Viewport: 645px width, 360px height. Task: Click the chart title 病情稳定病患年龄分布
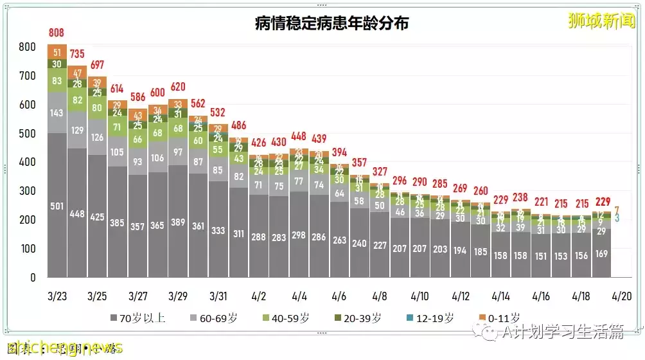point(331,24)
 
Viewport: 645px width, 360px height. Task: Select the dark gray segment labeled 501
point(57,206)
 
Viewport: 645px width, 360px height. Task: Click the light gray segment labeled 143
point(57,113)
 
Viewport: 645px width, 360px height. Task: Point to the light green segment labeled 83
point(57,80)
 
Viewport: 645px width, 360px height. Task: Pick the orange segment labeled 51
point(57,52)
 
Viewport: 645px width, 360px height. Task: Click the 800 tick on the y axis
point(27,47)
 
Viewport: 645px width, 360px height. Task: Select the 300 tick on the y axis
point(27,192)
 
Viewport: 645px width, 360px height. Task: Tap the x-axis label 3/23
point(57,297)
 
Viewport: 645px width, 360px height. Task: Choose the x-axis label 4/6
point(339,297)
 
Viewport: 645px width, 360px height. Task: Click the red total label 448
point(299,136)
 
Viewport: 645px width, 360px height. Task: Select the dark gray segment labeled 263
point(339,240)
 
